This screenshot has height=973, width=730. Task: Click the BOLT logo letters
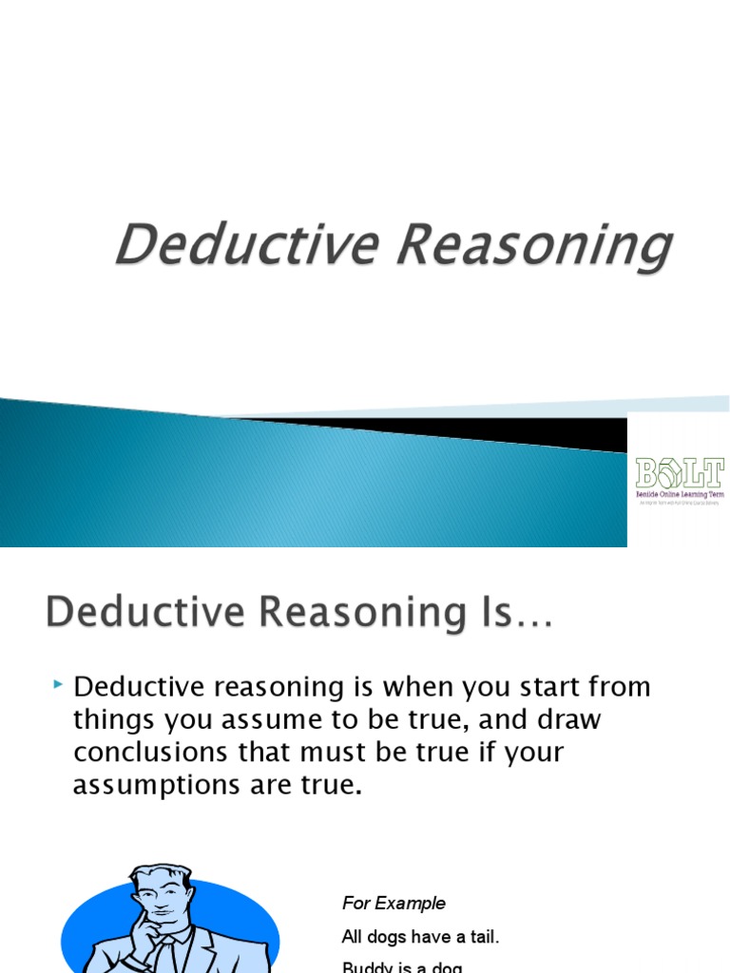tap(679, 472)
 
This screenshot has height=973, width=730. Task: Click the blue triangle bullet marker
tap(59, 684)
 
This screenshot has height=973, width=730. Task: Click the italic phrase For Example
tap(394, 903)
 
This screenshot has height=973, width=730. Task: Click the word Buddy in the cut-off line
tap(365, 967)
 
